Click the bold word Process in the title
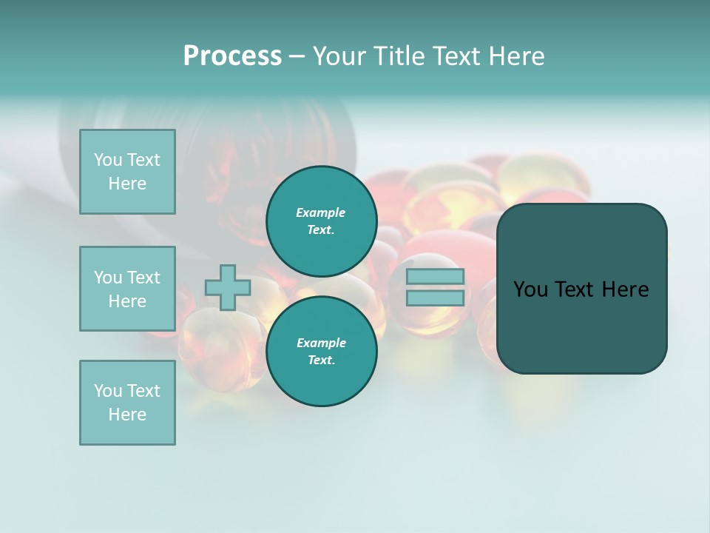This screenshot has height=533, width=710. coord(232,56)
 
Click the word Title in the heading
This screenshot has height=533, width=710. coord(398,56)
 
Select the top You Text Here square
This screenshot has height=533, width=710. coord(127,172)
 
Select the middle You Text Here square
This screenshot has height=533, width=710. coord(127,289)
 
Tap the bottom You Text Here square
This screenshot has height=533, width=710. coord(127,403)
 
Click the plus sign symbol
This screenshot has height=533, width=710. coord(228,287)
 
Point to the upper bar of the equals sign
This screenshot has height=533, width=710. coord(436,277)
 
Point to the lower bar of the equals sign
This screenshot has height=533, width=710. coord(436,298)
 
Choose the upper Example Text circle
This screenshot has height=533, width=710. coord(321,221)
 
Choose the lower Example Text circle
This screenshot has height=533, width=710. coord(321,352)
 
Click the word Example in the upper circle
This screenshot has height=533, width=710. coord(320,212)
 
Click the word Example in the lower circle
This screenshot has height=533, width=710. coord(321,343)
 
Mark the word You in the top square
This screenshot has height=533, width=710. coord(107,160)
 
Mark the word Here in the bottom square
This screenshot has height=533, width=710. coord(127,415)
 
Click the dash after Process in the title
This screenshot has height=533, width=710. coord(297,56)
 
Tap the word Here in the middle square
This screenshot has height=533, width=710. coord(127,301)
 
